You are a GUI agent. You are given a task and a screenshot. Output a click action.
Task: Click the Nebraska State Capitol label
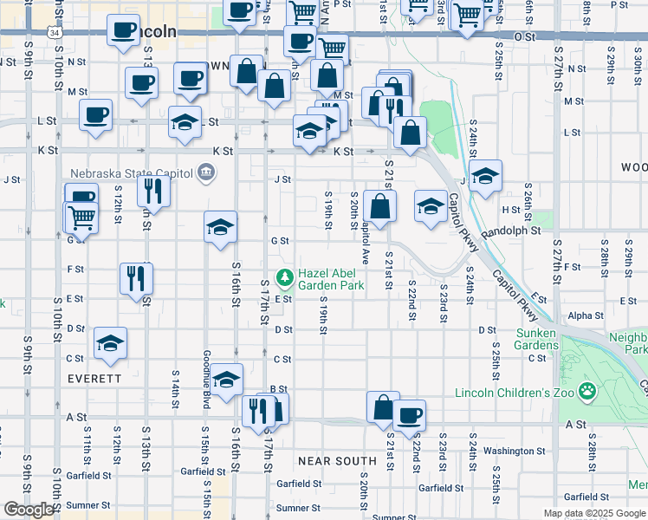130,172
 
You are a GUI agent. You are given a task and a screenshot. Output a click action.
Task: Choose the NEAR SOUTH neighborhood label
337,460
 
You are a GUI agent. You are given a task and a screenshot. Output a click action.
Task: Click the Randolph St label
510,231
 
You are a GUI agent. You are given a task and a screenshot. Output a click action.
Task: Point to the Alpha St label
586,316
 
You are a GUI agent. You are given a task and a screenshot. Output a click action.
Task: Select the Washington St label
514,451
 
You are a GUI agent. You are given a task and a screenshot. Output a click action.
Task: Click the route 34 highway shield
55,32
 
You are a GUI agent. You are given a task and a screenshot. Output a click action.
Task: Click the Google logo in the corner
29,510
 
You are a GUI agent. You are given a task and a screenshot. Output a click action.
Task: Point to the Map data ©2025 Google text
594,513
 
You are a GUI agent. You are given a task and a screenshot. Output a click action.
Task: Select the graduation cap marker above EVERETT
110,343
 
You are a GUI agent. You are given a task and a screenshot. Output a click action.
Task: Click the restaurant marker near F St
136,277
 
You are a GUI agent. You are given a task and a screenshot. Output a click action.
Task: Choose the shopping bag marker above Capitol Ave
379,206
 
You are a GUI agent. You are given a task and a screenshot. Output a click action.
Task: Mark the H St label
510,210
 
